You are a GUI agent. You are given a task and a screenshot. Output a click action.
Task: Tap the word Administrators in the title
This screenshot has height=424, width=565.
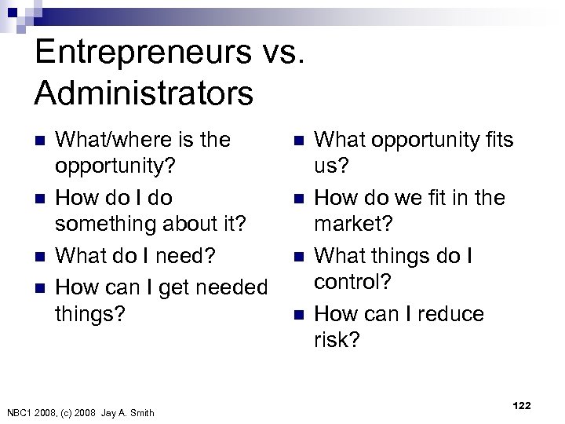click(x=144, y=93)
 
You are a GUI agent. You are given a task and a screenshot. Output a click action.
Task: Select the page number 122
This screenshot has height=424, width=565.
click(x=521, y=406)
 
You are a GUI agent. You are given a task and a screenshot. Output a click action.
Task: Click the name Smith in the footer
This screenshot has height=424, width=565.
click(x=140, y=413)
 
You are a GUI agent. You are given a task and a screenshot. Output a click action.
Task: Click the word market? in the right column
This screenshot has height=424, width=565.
click(x=352, y=225)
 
